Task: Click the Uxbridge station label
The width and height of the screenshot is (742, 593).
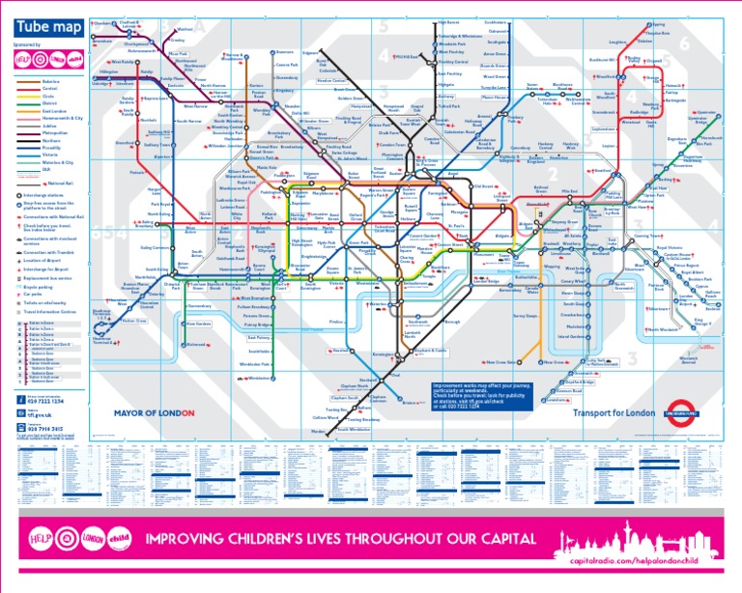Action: pos(100,83)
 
